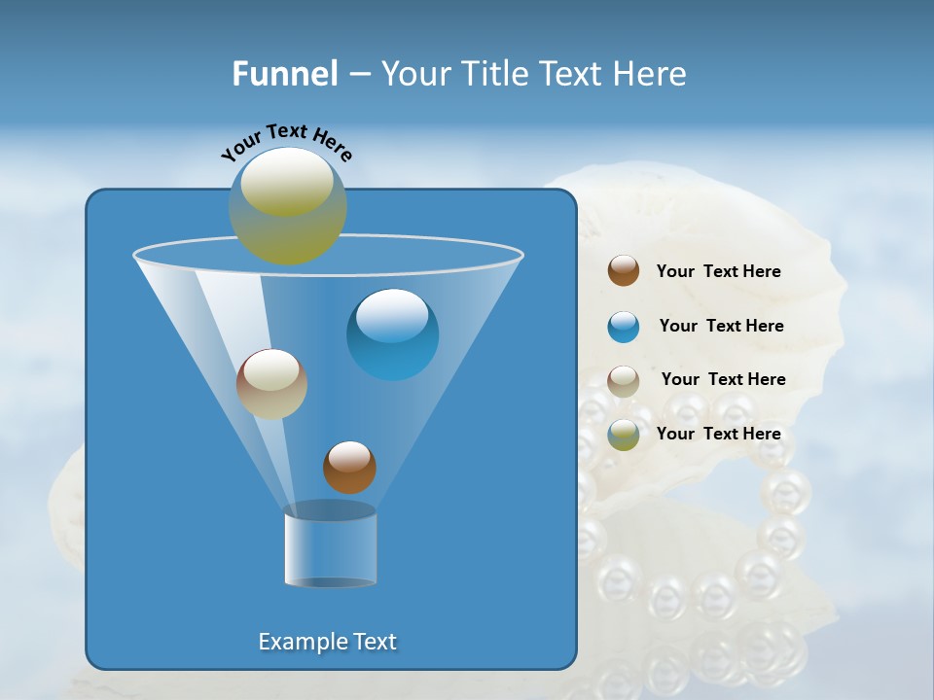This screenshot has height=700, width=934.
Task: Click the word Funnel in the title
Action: click(284, 74)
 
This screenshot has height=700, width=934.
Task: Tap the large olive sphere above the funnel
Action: click(287, 206)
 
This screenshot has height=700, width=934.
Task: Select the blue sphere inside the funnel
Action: click(392, 335)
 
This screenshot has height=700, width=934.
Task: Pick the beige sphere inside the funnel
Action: click(271, 384)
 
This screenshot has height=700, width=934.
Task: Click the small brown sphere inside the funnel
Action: click(349, 468)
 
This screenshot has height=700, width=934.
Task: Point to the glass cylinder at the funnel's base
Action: click(330, 546)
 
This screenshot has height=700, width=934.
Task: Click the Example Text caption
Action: click(328, 642)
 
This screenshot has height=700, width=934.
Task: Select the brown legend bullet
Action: click(624, 271)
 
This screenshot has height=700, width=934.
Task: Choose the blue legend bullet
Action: click(624, 327)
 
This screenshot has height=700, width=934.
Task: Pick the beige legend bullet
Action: click(624, 380)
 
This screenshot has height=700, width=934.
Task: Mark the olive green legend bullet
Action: click(624, 435)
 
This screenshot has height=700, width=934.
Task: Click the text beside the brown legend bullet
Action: click(718, 272)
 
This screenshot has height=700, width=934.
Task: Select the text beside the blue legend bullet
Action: click(721, 327)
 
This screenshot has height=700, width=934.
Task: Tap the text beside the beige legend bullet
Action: click(723, 380)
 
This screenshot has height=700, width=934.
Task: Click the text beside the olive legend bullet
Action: click(718, 435)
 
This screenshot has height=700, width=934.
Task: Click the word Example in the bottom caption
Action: click(300, 642)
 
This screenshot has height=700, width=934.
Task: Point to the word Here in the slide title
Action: click(651, 74)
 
